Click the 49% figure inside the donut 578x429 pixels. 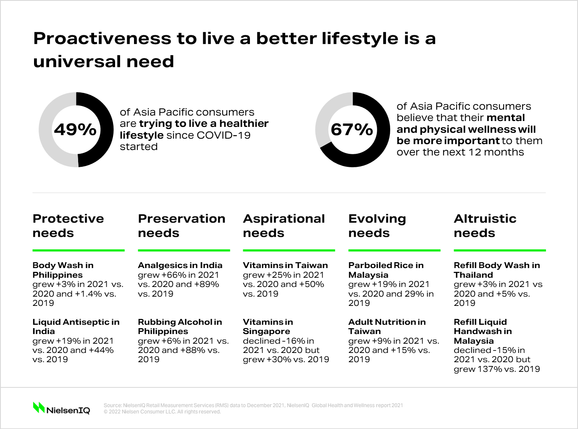click(x=76, y=129)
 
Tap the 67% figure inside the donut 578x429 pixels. click(x=352, y=129)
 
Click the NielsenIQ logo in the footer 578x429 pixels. click(x=62, y=408)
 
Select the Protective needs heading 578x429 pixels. click(x=68, y=226)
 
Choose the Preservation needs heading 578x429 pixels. click(x=181, y=226)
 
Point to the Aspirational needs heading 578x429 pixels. click(x=284, y=226)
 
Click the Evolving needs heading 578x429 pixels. click(x=377, y=226)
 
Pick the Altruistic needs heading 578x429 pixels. click(x=485, y=226)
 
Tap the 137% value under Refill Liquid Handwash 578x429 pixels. click(x=490, y=369)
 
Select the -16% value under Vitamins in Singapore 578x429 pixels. click(x=293, y=341)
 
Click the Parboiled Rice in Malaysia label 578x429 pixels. click(x=386, y=270)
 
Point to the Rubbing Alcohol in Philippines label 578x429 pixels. click(x=180, y=326)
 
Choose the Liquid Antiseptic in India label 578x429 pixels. click(x=76, y=326)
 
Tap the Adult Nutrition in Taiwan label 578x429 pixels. click(x=387, y=326)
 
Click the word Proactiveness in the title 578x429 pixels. click(x=102, y=38)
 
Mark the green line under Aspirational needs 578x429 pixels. click(x=289, y=250)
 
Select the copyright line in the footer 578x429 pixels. click(x=162, y=412)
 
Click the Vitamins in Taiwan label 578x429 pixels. click(x=285, y=265)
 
